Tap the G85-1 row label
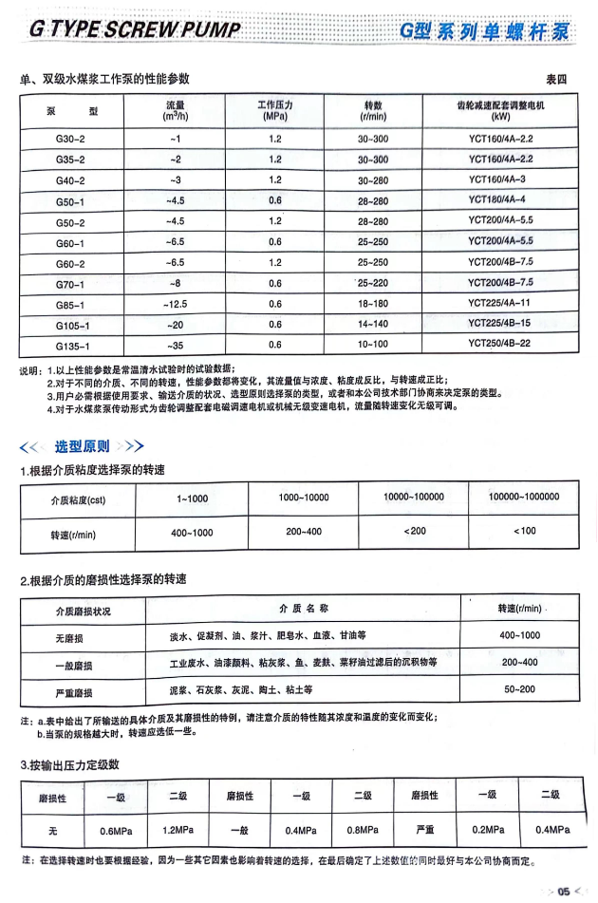71,304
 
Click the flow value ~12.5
175,304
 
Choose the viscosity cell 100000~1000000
524,497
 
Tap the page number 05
563,891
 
